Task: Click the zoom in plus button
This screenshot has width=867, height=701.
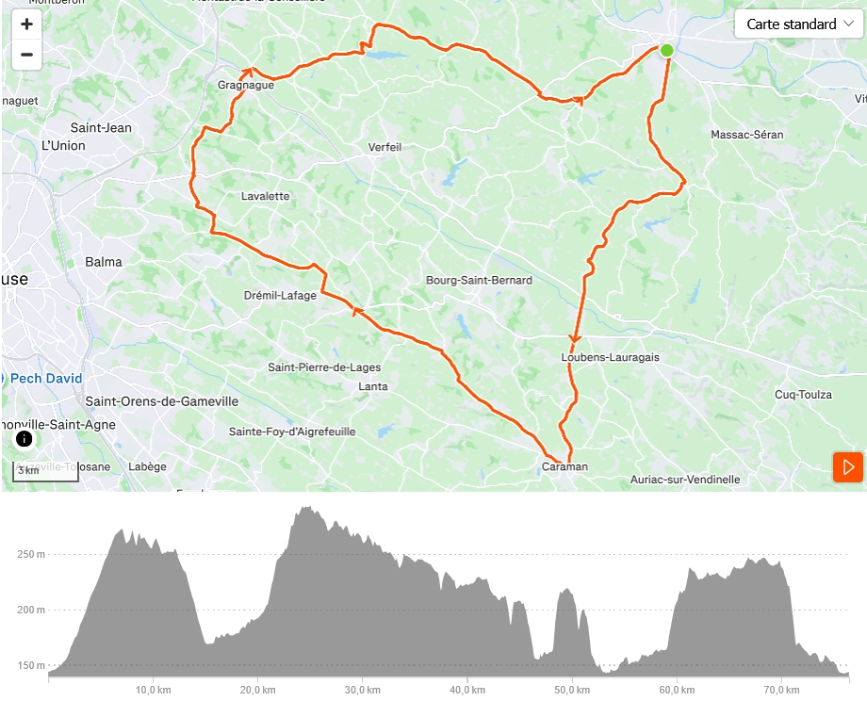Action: point(26,24)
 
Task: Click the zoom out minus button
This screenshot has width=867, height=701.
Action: point(26,55)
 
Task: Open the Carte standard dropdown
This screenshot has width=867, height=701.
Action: point(798,24)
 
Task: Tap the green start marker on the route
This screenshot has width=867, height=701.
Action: point(666,50)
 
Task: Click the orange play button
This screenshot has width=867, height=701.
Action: point(848,467)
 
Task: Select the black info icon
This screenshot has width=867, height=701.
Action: point(25,438)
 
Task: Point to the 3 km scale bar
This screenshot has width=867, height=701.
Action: point(45,471)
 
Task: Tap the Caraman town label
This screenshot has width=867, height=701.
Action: point(564,466)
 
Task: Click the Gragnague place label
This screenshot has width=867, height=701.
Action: point(246,85)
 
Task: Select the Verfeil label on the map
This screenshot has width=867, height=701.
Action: point(384,147)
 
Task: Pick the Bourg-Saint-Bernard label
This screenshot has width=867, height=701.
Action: point(479,280)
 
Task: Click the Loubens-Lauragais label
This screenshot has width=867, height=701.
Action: point(610,357)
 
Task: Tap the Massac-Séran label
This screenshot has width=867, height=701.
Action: point(747,135)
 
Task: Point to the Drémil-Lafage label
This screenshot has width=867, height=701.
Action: point(280,295)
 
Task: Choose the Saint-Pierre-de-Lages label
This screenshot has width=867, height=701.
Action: point(324,367)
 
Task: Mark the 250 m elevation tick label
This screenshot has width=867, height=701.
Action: point(30,554)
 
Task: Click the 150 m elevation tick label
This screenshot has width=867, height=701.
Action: point(30,665)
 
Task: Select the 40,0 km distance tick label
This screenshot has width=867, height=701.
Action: point(467,691)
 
